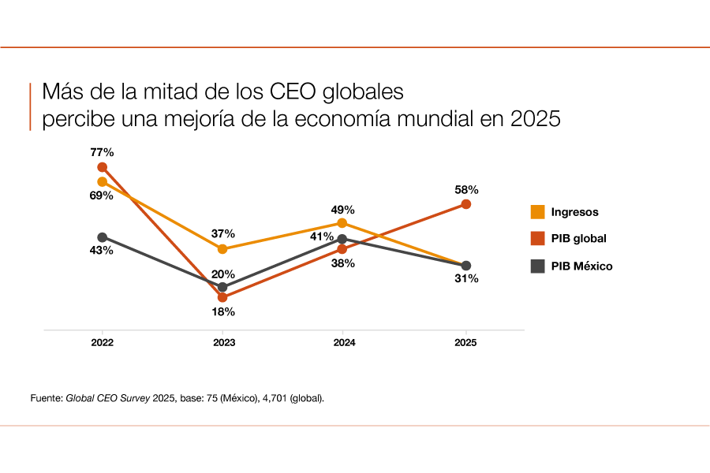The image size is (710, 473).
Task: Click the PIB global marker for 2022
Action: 102,167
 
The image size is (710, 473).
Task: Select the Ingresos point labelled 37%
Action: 222,249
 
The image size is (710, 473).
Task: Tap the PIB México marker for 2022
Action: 102,237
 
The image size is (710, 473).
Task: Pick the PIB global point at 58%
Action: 466,204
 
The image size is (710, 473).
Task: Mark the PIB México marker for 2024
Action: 342,238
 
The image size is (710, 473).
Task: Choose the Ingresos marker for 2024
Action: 342,223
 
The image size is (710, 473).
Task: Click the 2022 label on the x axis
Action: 102,343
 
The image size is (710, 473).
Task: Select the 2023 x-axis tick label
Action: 223,343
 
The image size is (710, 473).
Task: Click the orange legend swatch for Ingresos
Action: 537,212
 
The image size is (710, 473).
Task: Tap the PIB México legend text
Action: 582,266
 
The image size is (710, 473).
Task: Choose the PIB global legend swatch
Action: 537,239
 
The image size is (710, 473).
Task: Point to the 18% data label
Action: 223,311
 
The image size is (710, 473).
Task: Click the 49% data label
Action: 343,210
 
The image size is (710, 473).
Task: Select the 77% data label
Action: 103,152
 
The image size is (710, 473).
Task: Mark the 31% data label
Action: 466,279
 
